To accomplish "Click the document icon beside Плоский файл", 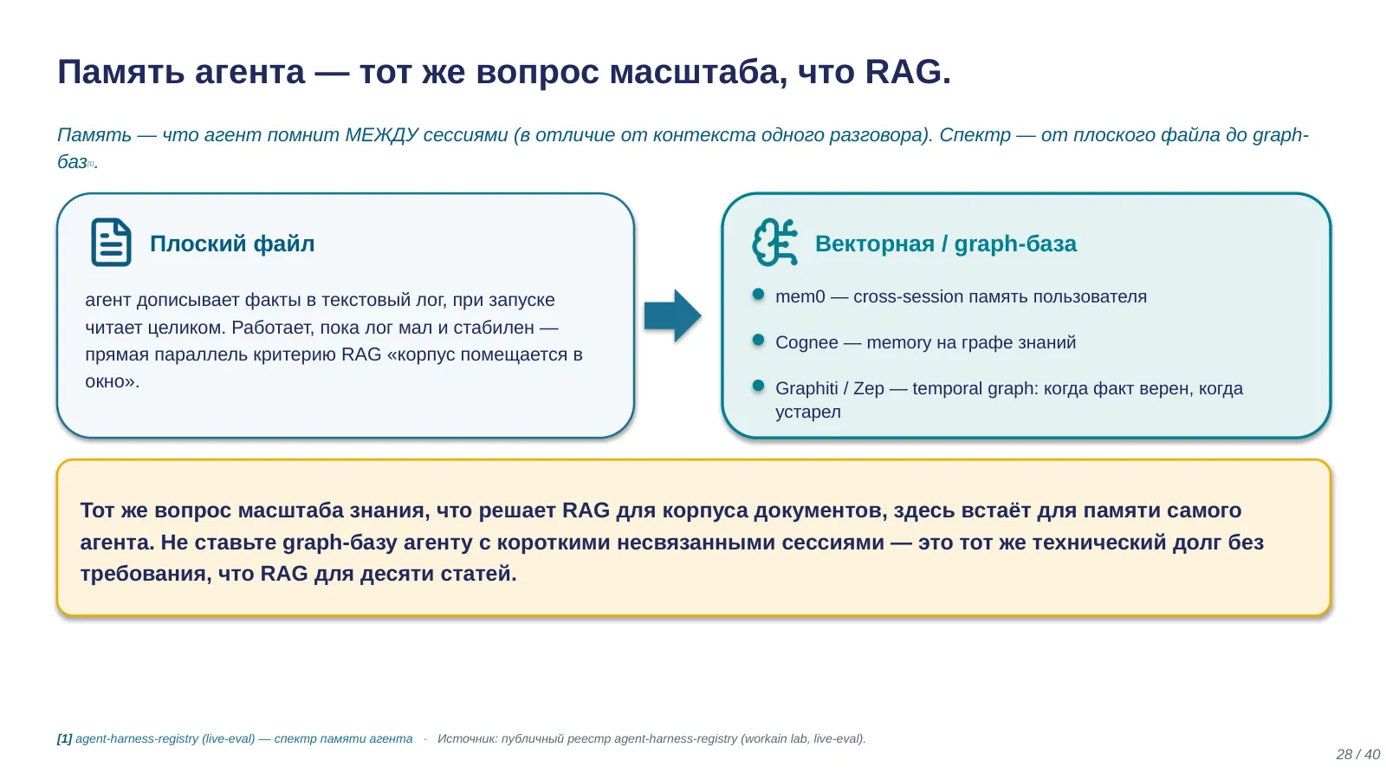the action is tap(112, 242).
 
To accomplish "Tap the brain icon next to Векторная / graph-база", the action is tap(774, 242).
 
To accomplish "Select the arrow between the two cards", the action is tap(672, 315).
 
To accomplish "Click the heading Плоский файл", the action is tap(232, 244).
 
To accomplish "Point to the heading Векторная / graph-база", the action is tap(945, 244).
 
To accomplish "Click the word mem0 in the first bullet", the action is tap(800, 297).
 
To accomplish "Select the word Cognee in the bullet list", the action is tap(806, 343).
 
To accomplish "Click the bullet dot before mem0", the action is tap(758, 294).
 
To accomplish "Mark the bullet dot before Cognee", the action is tap(758, 340).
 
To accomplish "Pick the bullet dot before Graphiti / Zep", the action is tap(758, 386).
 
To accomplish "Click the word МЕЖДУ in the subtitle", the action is tap(382, 135).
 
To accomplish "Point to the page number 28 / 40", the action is tap(1358, 755).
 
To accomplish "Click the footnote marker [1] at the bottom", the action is tap(64, 738).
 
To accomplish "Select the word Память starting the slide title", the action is tap(120, 72).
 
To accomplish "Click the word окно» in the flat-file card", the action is tap(112, 381).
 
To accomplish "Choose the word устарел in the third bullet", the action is tap(808, 413).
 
